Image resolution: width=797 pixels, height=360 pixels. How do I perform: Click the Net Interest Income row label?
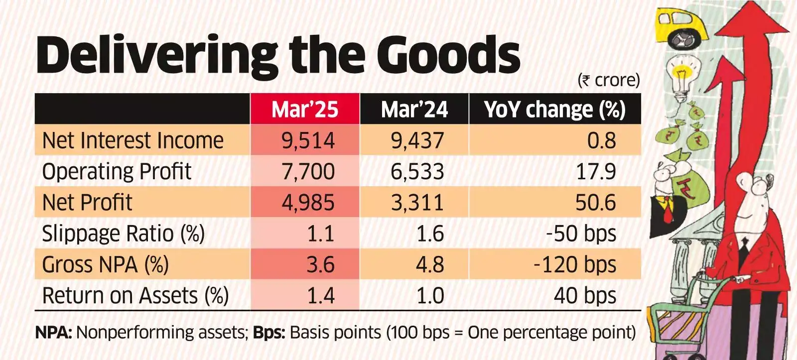point(133,140)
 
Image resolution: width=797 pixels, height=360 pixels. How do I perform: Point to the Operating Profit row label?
point(117,172)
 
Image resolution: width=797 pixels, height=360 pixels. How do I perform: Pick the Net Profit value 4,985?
point(308,203)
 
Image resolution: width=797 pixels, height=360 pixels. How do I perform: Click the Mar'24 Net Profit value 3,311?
point(417,203)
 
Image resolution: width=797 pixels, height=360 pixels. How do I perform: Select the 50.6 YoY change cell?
point(595,203)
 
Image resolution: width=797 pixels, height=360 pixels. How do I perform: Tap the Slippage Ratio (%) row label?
point(123,234)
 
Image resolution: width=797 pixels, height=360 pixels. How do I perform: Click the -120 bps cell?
point(574,264)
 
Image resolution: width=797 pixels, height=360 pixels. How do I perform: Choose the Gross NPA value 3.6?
point(320,264)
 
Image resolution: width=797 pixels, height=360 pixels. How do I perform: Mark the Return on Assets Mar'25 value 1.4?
point(320,296)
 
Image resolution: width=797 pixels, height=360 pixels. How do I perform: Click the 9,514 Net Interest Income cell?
point(308,140)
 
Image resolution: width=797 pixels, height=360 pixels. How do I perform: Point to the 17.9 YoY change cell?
point(596,172)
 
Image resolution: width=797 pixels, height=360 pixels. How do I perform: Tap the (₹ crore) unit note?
point(609,80)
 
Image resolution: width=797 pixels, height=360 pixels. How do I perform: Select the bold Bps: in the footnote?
point(269,332)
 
